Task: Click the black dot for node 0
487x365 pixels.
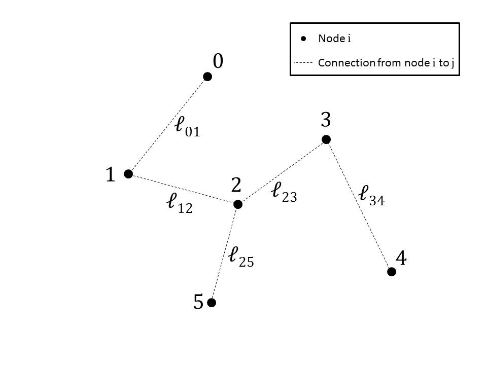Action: pos(207,77)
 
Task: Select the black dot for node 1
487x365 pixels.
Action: pos(128,174)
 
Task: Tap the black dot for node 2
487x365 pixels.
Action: pos(238,204)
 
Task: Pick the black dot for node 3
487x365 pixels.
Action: pos(326,139)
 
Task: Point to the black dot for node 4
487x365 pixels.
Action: pos(391,272)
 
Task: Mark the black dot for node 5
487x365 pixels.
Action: pos(212,303)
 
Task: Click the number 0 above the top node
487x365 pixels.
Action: pos(218,61)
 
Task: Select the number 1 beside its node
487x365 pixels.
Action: pos(111,175)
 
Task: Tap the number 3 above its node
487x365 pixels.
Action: pos(326,121)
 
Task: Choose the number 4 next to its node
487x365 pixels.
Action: pos(401,259)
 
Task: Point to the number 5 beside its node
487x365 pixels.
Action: pos(198,303)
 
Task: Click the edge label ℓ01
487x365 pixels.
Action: pos(187,128)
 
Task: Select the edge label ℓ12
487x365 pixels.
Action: pos(179,204)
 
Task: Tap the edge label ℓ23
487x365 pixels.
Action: pos(284,192)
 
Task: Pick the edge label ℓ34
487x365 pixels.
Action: pos(371,196)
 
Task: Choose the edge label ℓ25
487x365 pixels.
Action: pos(241,257)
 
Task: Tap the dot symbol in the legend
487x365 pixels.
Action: pos(303,39)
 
